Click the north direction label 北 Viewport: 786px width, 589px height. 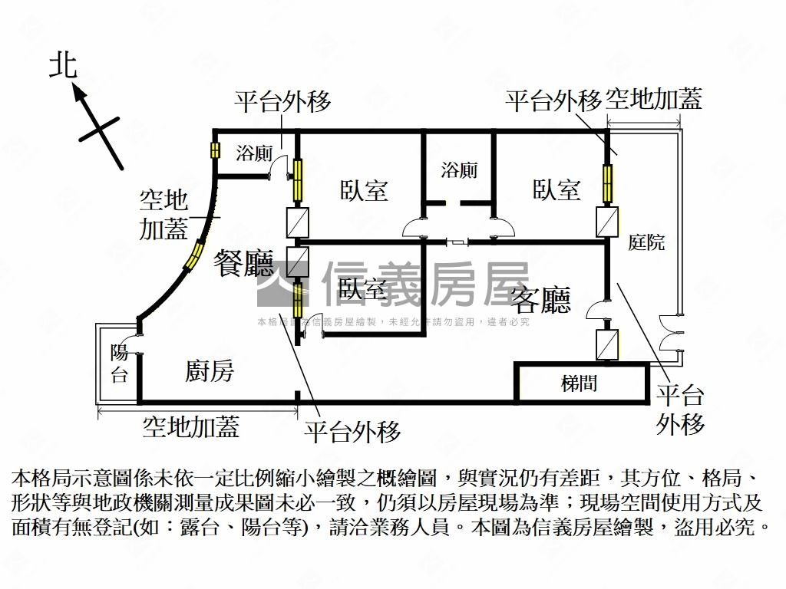pyautogui.click(x=64, y=65)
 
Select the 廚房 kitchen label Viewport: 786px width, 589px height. pyautogui.click(x=210, y=372)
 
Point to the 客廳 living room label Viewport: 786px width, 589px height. pyautogui.click(x=540, y=300)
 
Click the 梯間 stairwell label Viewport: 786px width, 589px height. pyautogui.click(x=579, y=383)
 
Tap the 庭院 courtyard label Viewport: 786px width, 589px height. pyautogui.click(x=646, y=243)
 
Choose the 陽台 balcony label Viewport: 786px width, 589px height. pyautogui.click(x=119, y=364)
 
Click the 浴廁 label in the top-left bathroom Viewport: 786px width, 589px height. pyautogui.click(x=254, y=152)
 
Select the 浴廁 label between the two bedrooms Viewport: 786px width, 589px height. pyautogui.click(x=459, y=169)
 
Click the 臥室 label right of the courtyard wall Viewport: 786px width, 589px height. pyautogui.click(x=556, y=189)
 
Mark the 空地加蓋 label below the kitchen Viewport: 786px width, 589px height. pyautogui.click(x=191, y=426)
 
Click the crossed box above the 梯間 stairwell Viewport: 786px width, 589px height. pyautogui.click(x=607, y=345)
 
